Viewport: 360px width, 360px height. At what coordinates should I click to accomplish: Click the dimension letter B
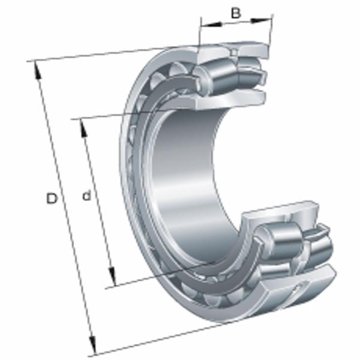click(x=236, y=13)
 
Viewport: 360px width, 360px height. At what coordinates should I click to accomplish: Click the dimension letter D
click(x=52, y=199)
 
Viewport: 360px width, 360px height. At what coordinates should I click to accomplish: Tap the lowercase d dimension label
click(x=86, y=196)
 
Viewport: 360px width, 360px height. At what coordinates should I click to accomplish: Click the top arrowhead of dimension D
click(x=37, y=70)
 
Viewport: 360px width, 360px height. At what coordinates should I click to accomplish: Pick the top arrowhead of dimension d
click(x=84, y=128)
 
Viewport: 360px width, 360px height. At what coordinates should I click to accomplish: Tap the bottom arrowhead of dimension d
click(x=112, y=277)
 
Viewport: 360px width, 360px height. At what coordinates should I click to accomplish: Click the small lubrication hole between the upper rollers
click(x=234, y=53)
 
